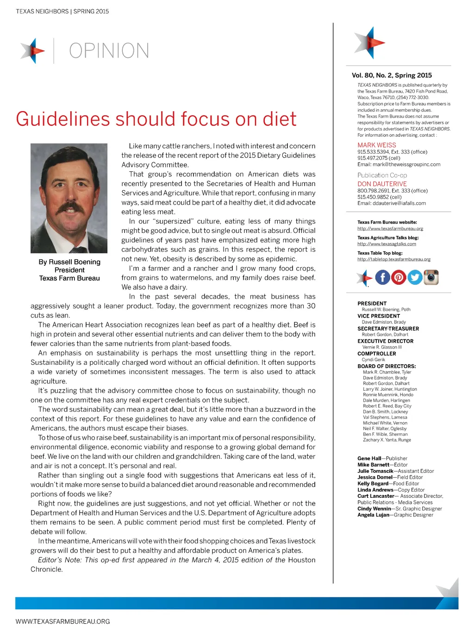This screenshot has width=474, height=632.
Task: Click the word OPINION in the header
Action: pyautogui.click(x=109, y=51)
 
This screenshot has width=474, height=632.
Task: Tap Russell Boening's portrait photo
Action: pyautogui.click(x=69, y=198)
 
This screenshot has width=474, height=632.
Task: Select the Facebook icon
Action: pyautogui.click(x=382, y=277)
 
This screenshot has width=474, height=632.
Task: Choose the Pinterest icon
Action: pyautogui.click(x=399, y=277)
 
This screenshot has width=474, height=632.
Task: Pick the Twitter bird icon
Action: pyautogui.click(x=415, y=277)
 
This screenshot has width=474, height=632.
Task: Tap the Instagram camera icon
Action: pyautogui.click(x=431, y=277)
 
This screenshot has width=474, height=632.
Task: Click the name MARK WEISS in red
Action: pyautogui.click(x=377, y=145)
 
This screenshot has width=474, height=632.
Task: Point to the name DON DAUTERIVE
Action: pyautogui.click(x=382, y=184)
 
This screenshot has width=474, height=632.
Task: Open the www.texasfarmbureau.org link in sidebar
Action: pyautogui.click(x=390, y=229)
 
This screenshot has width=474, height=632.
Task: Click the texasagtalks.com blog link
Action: pyautogui.click(x=387, y=244)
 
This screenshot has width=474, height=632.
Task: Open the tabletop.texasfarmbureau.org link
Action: pyautogui.click(x=394, y=259)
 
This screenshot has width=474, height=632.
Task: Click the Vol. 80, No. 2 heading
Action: pyautogui.click(x=392, y=75)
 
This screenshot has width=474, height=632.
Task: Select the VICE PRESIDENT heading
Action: pyautogui.click(x=379, y=316)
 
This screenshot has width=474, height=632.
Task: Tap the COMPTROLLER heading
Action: pyautogui.click(x=377, y=354)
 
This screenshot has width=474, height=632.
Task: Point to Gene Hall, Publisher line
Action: pyautogui.click(x=382, y=458)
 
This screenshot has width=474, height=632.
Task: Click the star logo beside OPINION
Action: pyautogui.click(x=33, y=50)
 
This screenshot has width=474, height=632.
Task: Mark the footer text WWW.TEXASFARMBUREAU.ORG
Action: pyautogui.click(x=62, y=621)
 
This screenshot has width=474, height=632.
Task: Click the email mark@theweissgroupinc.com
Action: pyautogui.click(x=399, y=164)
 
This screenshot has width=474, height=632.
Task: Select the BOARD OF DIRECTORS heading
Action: pyautogui.click(x=387, y=366)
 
